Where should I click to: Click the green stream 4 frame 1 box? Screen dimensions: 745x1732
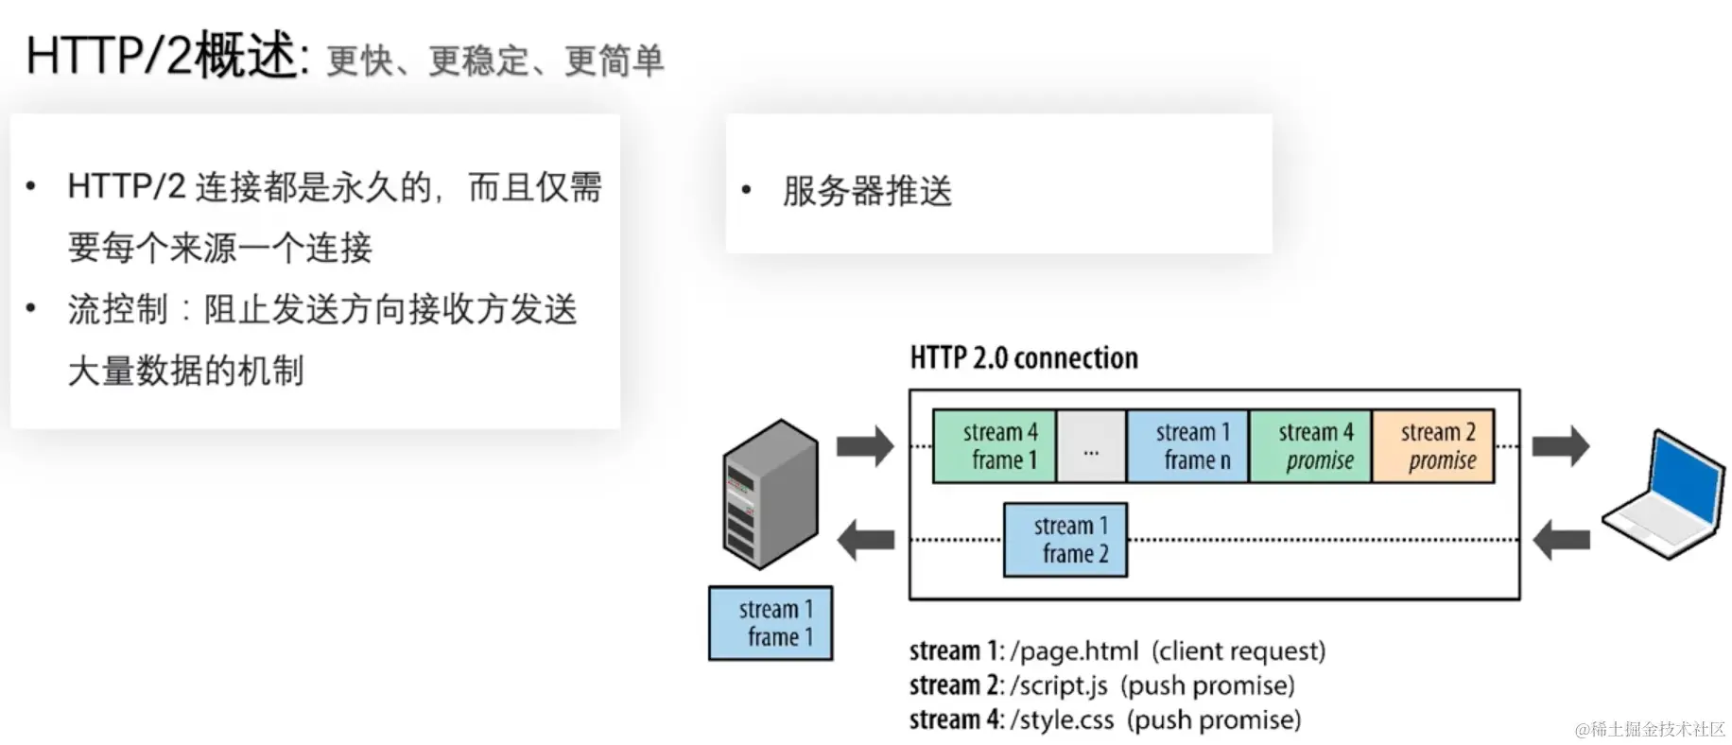coord(994,446)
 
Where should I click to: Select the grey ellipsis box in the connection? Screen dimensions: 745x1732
coord(1091,446)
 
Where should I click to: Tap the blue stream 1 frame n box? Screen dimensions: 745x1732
coord(1187,446)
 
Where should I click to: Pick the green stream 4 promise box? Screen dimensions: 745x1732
coord(1310,446)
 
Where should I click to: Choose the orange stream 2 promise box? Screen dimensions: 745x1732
coord(1433,446)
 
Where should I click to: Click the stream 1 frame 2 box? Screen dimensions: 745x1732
coord(1065,540)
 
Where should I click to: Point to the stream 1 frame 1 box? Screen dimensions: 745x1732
coord(771,623)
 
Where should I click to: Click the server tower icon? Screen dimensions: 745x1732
coord(770,494)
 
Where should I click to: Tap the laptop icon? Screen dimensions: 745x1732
coord(1662,495)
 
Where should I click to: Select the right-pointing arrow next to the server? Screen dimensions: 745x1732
coord(865,446)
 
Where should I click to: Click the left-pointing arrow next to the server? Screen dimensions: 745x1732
coord(865,540)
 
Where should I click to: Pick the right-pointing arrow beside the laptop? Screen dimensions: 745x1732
coord(1560,446)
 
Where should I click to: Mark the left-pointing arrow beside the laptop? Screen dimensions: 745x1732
coord(1560,541)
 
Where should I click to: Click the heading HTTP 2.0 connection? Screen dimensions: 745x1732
coord(1024,358)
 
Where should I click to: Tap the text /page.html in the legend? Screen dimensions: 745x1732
coord(1075,651)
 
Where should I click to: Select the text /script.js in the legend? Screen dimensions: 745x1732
coord(1059,685)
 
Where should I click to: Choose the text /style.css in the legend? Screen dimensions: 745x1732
coord(1063,720)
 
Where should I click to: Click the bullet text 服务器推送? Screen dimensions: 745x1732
coord(867,191)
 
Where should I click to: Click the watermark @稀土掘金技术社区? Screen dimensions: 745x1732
coord(1650,729)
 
